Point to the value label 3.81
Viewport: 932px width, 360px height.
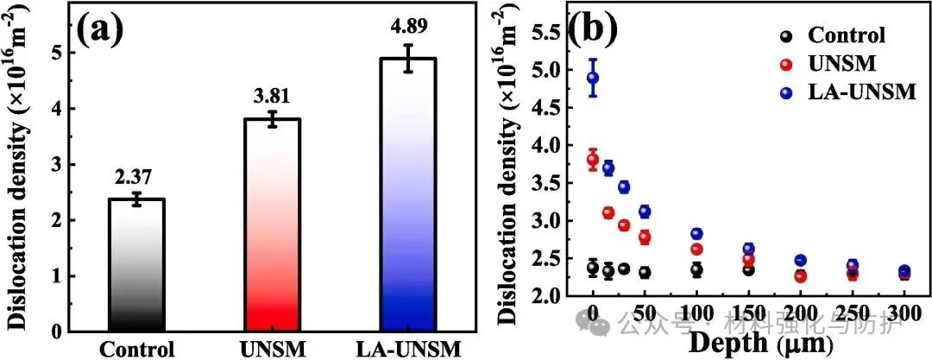[271, 98]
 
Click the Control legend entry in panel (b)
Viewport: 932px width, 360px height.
[846, 35]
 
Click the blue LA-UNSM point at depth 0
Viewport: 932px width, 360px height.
[593, 78]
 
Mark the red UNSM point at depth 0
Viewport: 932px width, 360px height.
[593, 159]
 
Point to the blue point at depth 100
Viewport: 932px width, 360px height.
[697, 234]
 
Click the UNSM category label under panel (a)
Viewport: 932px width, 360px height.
[271, 349]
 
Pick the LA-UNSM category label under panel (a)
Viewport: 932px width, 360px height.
[408, 349]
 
